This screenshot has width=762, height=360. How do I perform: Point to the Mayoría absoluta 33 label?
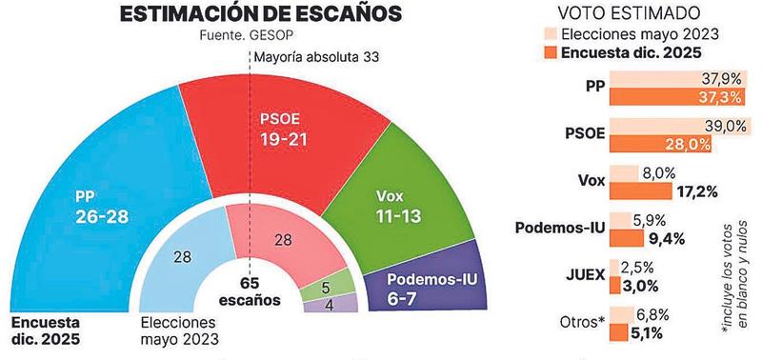tap(317, 58)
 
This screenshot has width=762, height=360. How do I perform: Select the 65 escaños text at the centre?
tap(249, 291)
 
